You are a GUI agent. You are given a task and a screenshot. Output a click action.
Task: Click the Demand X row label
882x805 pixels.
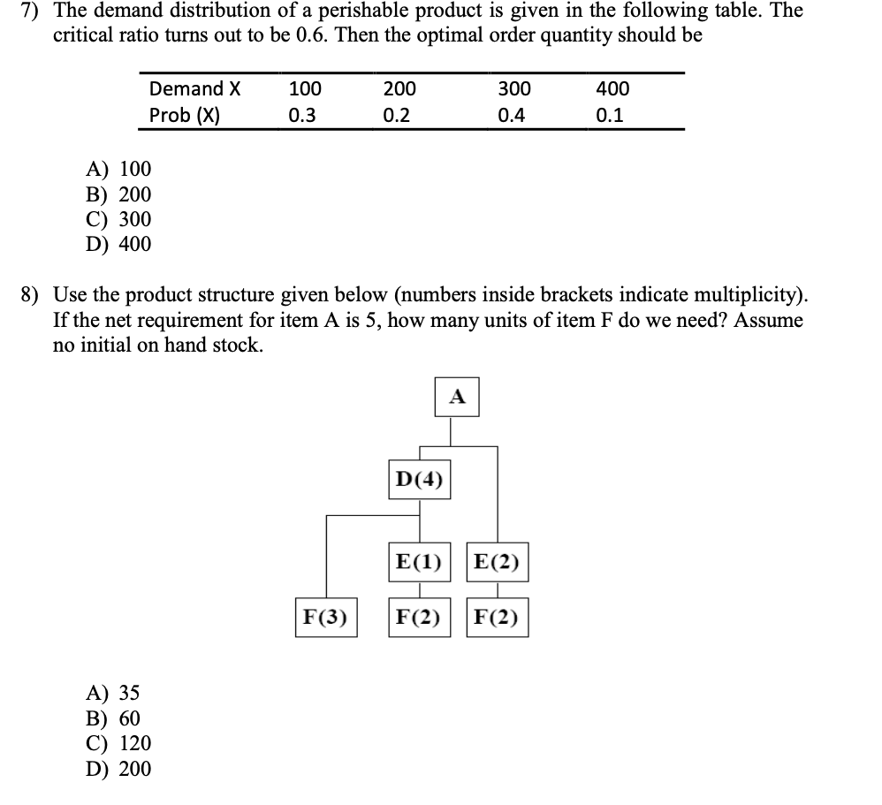(194, 88)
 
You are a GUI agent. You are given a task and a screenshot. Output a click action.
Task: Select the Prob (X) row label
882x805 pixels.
(185, 116)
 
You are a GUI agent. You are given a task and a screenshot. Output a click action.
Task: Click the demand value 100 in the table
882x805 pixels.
(305, 88)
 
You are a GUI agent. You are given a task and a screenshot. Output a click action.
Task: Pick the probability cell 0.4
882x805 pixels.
(510, 116)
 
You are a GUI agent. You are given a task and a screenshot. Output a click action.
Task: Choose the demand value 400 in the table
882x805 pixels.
(612, 88)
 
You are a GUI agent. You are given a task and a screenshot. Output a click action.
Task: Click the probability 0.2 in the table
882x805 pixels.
(397, 116)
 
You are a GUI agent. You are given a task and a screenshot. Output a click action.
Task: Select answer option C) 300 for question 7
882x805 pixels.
(118, 219)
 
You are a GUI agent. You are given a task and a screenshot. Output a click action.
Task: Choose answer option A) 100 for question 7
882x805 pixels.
(118, 169)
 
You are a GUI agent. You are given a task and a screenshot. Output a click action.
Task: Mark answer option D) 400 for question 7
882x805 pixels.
(118, 244)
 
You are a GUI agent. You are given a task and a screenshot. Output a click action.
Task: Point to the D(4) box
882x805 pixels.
(419, 480)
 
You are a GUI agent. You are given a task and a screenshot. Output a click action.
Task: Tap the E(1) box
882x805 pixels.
(419, 562)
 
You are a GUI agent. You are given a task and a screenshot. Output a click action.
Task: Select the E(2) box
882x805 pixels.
(498, 562)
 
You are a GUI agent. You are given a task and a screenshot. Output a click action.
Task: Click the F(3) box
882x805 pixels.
(325, 616)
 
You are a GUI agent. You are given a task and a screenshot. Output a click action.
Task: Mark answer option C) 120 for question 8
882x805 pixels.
(118, 743)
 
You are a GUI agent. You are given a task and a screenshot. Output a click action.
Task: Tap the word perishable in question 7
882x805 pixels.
(393, 11)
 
